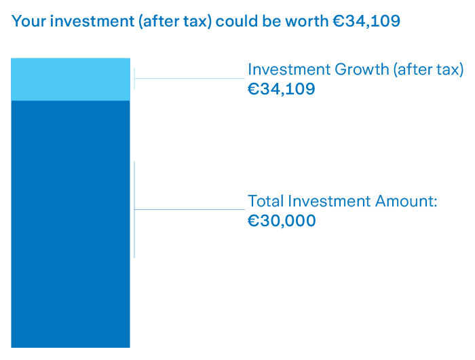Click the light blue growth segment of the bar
pyautogui.click(x=70, y=79)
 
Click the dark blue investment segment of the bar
pyautogui.click(x=70, y=224)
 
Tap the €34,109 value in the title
pyautogui.click(x=366, y=21)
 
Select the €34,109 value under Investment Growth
pyautogui.click(x=282, y=88)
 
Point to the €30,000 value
pyautogui.click(x=282, y=221)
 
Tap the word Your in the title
pyautogui.click(x=28, y=21)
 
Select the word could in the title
pyautogui.click(x=236, y=21)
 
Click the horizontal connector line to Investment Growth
pyautogui.click(x=190, y=78)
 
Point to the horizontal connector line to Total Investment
pyautogui.click(x=190, y=209)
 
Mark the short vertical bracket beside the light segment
pyautogui.click(x=134, y=77)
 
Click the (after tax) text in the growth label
pyautogui.click(x=431, y=69)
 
